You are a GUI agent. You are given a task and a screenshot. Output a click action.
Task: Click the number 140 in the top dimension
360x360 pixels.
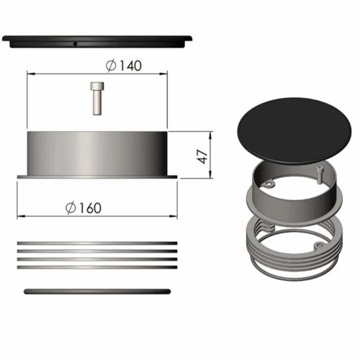point(130,66)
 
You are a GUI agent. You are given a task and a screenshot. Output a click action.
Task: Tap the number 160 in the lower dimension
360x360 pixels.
point(90,208)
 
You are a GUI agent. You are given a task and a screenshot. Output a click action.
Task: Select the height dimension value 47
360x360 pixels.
point(203,157)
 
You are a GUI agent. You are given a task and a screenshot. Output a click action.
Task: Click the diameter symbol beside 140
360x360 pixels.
point(111,66)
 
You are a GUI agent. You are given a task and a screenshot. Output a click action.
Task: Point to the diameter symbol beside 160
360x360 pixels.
point(71,208)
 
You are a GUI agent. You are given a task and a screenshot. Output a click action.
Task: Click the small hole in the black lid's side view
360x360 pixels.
point(75,44)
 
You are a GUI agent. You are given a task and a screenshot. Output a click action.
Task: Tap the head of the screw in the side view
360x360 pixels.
point(97,86)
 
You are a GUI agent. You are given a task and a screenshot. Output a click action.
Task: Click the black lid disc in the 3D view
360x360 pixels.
point(294,131)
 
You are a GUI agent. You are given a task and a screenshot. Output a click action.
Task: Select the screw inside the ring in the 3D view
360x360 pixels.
point(320,175)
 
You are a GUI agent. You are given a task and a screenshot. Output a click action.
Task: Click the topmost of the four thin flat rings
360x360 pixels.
point(97,243)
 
